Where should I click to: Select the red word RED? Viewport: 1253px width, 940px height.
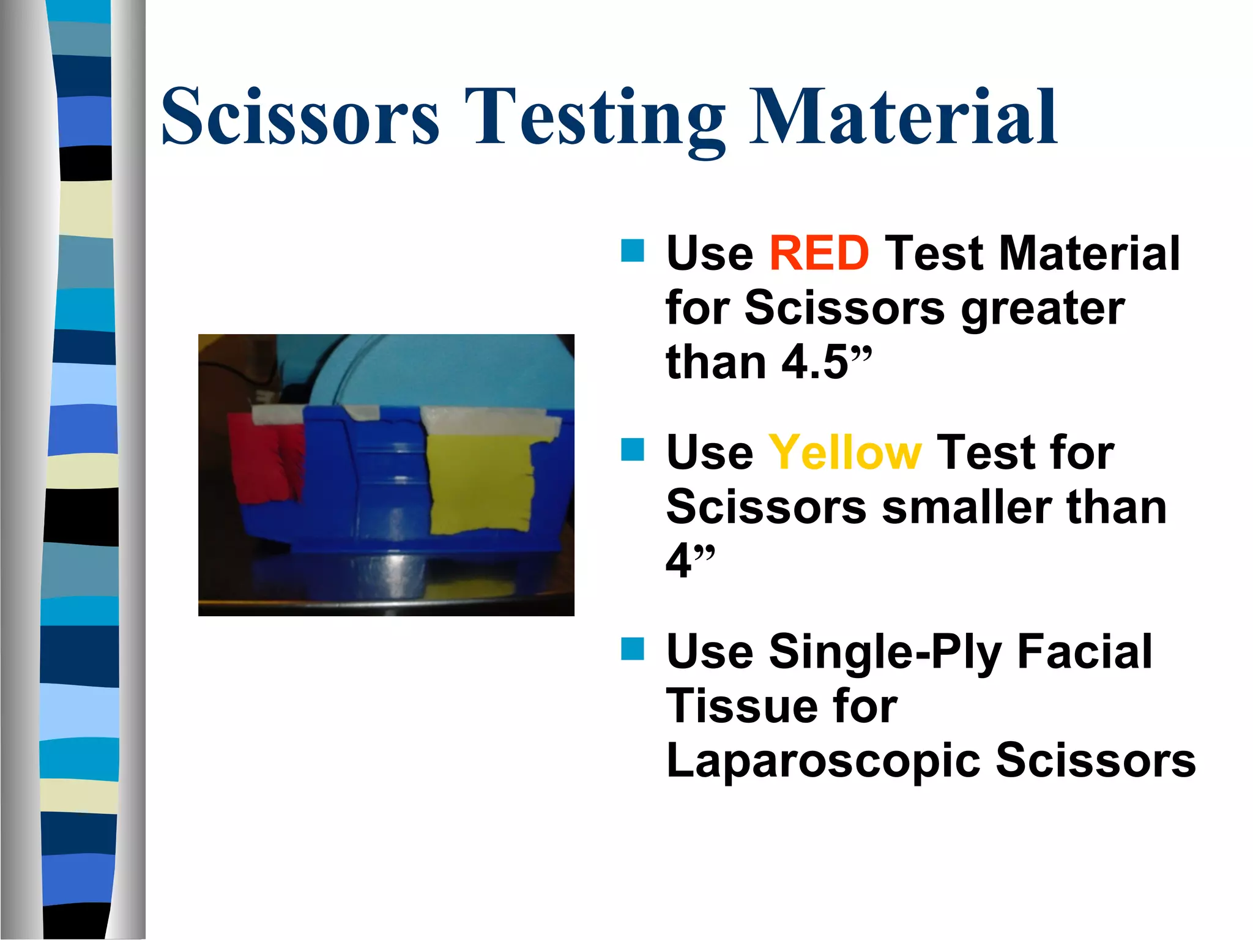[x=819, y=253]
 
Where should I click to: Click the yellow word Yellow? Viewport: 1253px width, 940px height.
[x=844, y=453]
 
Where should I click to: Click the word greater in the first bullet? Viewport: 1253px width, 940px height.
[x=1043, y=308]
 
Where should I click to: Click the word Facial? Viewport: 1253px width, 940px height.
[x=1084, y=652]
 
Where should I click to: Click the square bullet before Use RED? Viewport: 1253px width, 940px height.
[x=632, y=250]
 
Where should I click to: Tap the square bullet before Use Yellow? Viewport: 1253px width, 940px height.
[x=632, y=449]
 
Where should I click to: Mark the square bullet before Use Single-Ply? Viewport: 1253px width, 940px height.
[x=632, y=649]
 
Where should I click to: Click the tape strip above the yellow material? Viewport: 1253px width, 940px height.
[x=489, y=422]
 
